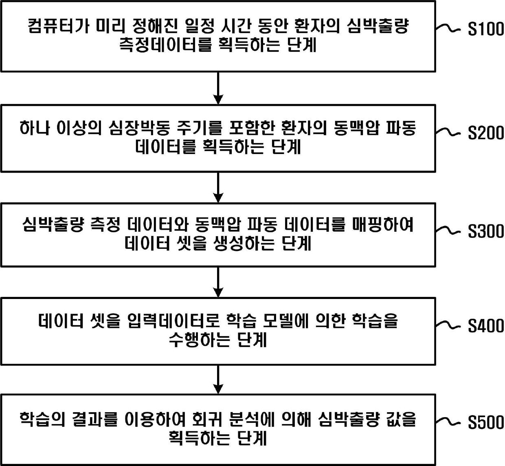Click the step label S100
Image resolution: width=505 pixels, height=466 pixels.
(x=485, y=29)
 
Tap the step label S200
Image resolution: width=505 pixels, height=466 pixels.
(x=485, y=133)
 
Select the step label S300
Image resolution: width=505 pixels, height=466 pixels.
(x=485, y=231)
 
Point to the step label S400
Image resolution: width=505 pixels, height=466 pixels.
(x=485, y=326)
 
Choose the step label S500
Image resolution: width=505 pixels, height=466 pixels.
(x=485, y=422)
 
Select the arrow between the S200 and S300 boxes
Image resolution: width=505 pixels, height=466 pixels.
(x=218, y=187)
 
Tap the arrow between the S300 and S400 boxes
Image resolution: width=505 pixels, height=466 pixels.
(x=218, y=282)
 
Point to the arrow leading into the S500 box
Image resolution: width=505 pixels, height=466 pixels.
(x=218, y=380)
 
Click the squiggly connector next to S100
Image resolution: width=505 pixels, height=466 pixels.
(x=448, y=28)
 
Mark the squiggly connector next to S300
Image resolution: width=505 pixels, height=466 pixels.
(x=448, y=230)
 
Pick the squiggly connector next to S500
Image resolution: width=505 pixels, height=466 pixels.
(x=448, y=422)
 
